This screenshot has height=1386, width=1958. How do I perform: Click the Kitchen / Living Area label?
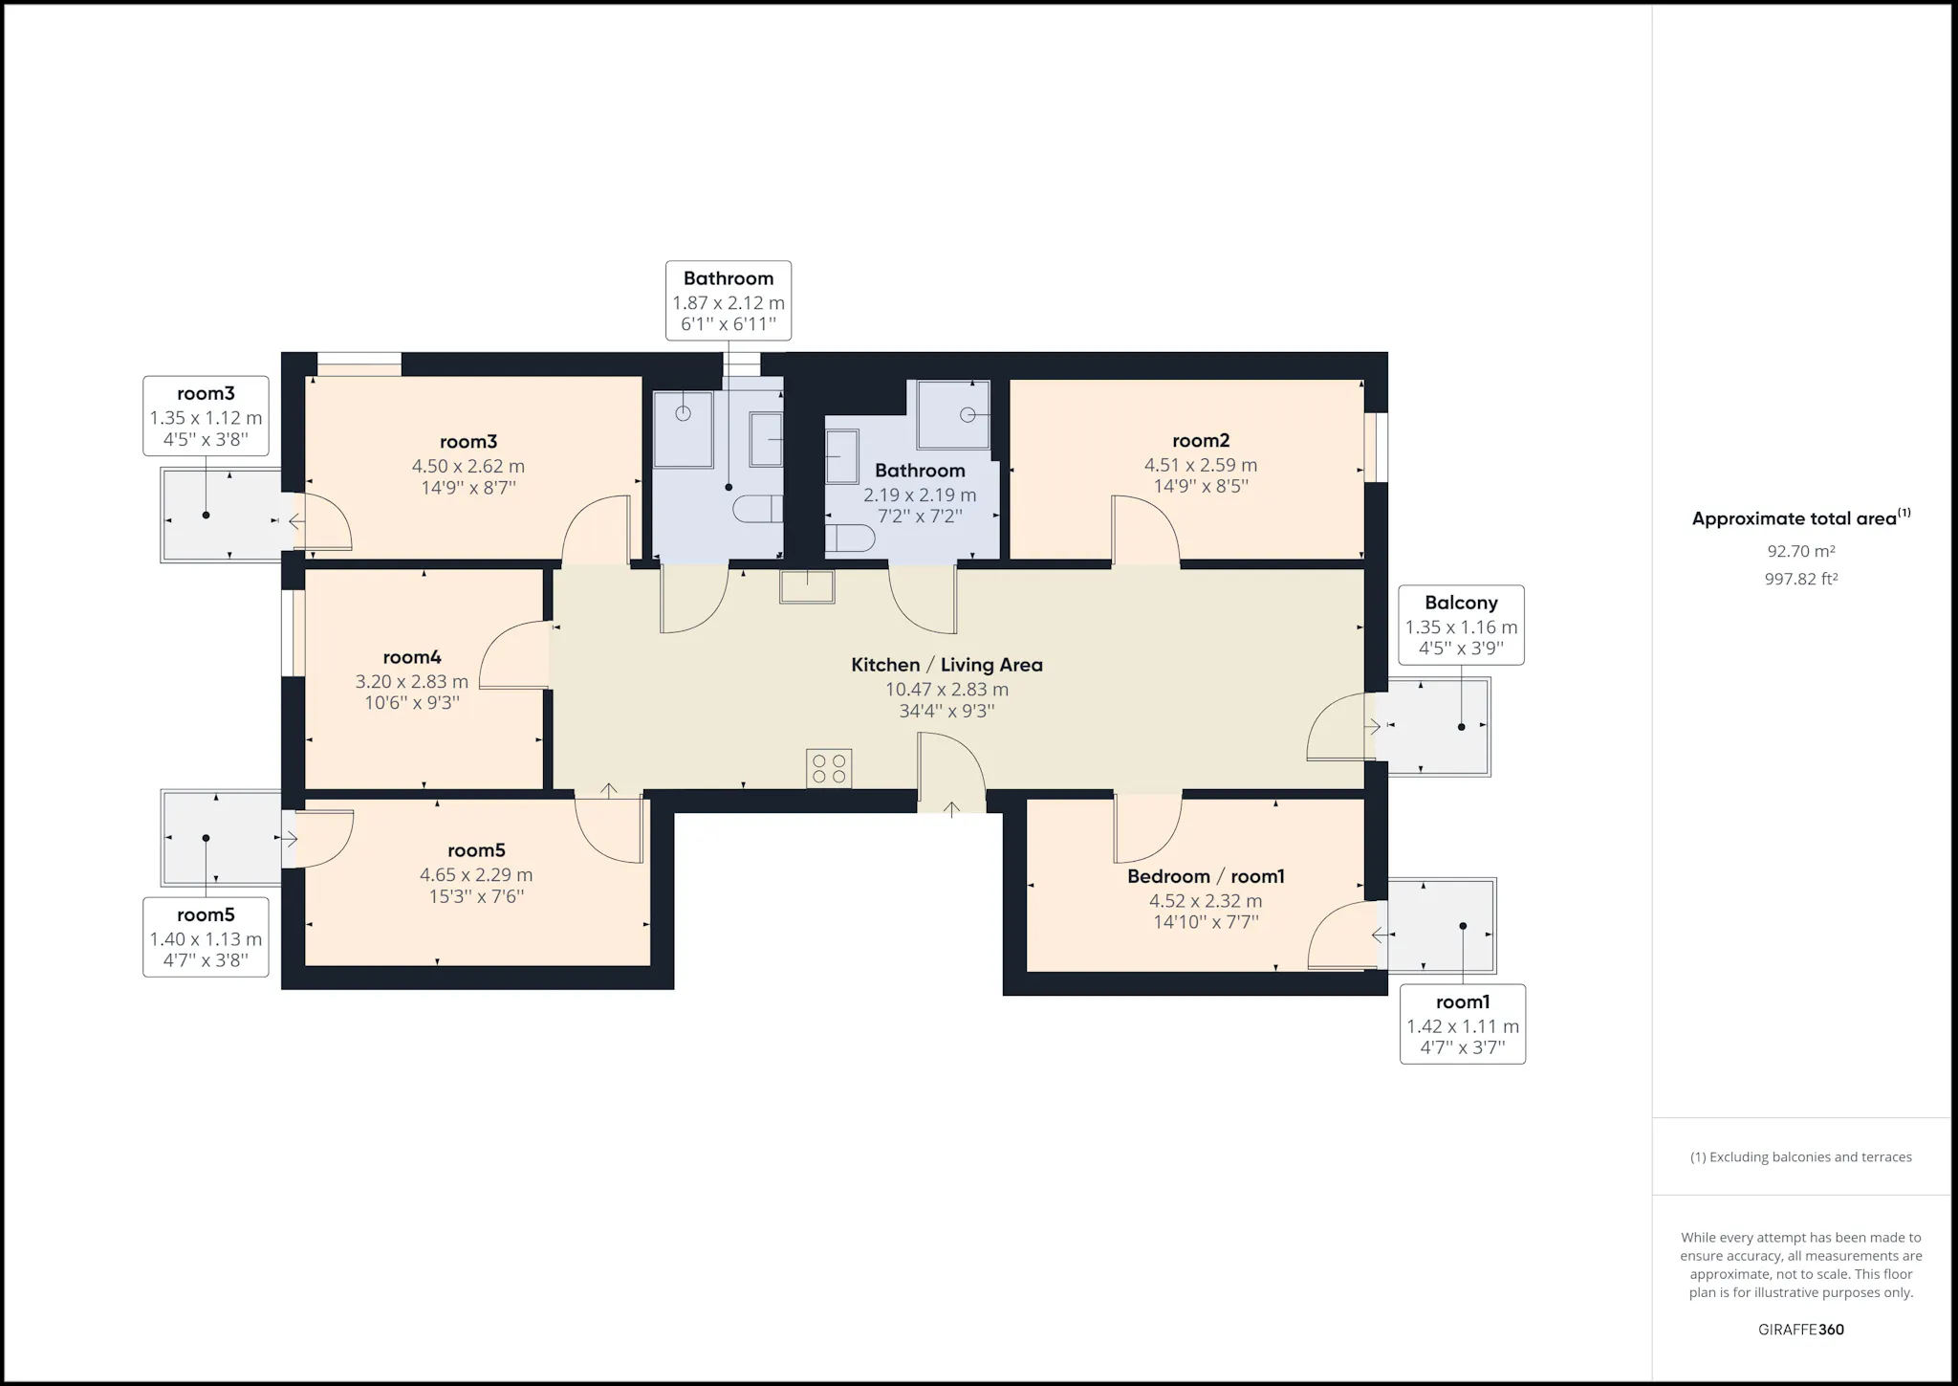[946, 665]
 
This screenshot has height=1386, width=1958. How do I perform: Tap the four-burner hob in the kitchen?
[829, 768]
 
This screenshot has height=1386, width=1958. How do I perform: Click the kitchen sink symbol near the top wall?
[807, 586]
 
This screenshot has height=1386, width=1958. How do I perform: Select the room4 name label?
[412, 657]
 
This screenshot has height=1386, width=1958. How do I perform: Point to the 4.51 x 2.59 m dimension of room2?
[1201, 465]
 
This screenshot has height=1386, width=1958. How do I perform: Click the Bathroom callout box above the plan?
[729, 300]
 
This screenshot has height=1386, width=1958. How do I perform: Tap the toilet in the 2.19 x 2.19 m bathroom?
[849, 539]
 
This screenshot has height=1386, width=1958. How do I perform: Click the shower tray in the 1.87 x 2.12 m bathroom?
[684, 429]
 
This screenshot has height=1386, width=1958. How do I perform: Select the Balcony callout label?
[1461, 625]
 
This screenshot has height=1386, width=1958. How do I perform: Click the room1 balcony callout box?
[1462, 1024]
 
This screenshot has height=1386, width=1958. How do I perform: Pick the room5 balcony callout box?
[206, 937]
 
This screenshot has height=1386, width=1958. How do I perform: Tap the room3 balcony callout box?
[206, 416]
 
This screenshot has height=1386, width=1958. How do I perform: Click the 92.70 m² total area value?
[1801, 552]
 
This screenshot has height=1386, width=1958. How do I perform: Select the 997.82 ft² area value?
[1801, 579]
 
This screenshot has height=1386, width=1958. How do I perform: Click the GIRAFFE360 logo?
[1801, 1330]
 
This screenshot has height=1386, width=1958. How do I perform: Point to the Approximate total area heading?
[1801, 517]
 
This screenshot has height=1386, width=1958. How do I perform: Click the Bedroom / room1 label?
[1206, 876]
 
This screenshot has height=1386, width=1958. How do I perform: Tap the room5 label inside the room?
[476, 850]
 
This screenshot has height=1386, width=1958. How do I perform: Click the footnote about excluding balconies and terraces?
[1801, 1157]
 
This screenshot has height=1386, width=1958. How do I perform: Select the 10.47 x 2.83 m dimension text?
[946, 690]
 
